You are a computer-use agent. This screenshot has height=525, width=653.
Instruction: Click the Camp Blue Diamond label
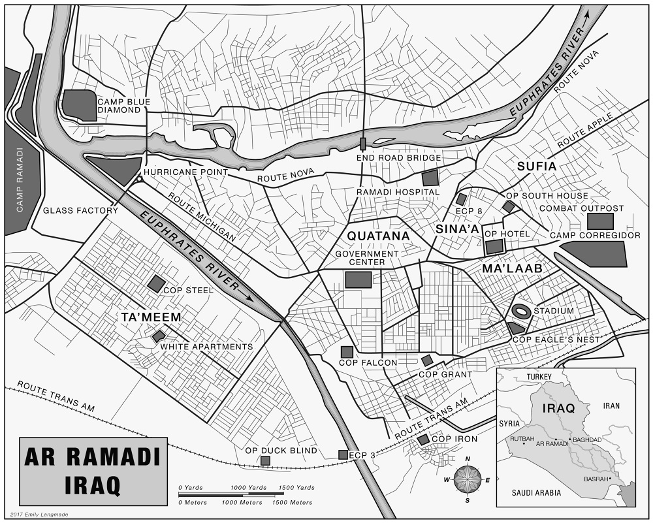point(124,106)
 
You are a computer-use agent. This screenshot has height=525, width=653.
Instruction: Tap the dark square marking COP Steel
point(156,283)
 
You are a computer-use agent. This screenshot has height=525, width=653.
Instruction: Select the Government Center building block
point(358,279)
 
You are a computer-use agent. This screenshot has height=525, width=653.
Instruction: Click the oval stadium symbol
point(521,311)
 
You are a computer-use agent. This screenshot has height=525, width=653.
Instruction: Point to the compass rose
point(468,479)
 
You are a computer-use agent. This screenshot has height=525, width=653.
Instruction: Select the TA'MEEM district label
point(151,317)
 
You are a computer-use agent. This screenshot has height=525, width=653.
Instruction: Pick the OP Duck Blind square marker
point(265,461)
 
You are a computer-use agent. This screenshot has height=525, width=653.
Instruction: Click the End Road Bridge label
point(398,158)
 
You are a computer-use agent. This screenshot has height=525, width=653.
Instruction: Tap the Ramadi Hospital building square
point(430,177)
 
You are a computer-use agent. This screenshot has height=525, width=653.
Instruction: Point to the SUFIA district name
point(537,167)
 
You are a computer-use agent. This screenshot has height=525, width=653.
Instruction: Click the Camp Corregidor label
point(595,235)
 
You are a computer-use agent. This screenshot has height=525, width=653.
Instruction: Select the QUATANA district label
point(378,236)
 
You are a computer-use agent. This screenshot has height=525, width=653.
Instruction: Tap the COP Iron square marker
point(423,439)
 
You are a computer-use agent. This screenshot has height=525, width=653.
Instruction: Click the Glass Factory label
point(80,210)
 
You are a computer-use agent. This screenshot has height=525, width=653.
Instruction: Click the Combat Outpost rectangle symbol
point(600,221)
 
